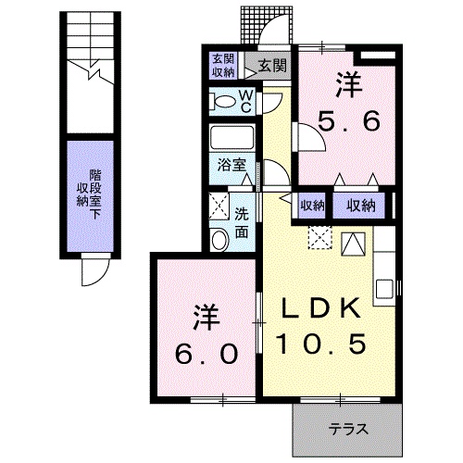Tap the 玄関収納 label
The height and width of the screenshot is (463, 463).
pos(222,65)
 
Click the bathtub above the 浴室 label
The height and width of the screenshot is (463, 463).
pos(233,139)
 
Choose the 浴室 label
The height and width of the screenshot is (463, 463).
pos(231,166)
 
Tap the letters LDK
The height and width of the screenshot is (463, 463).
pos(323,307)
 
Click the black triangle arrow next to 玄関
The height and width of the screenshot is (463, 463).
pos(250,66)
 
